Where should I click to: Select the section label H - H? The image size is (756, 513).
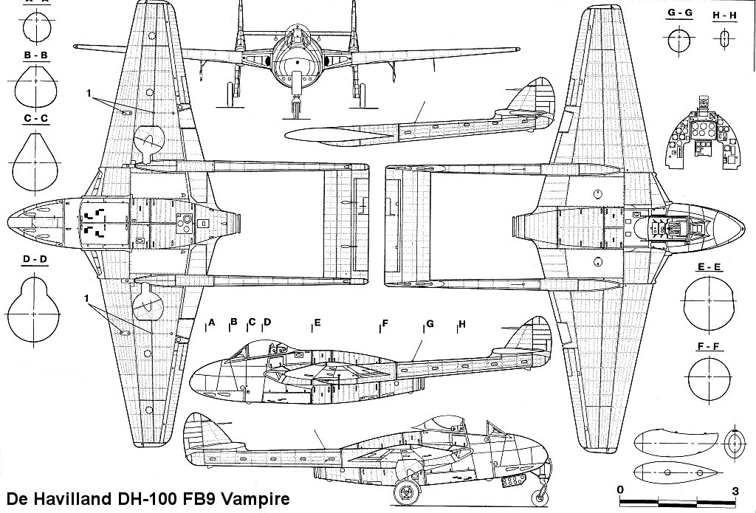[x=724, y=15]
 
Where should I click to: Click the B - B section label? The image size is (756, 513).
[x=36, y=55]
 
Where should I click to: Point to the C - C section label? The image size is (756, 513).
[x=36, y=118]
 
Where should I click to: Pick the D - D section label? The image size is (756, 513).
[x=36, y=259]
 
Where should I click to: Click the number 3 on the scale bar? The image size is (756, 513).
[x=735, y=490]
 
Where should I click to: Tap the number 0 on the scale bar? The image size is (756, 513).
[x=621, y=490]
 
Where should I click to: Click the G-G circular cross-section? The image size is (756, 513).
[x=678, y=41]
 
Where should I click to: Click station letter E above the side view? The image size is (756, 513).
[x=317, y=323]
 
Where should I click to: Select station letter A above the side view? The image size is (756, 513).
[x=211, y=323]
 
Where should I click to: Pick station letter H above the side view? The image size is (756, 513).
[x=462, y=324]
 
